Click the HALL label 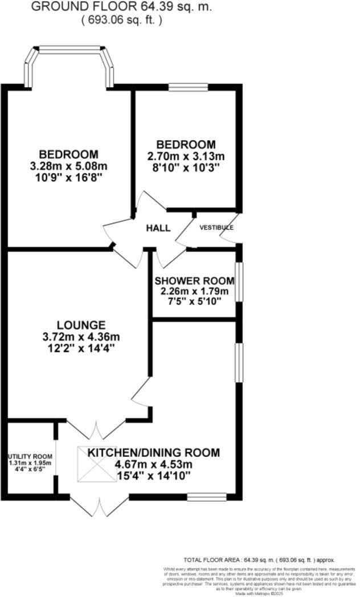coord(158,228)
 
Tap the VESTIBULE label coord(216,227)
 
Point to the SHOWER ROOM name coord(194,281)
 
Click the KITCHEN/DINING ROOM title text coord(153,453)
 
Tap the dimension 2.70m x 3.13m coord(186,156)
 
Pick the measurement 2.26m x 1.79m coord(194,292)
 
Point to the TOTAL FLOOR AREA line coord(259,560)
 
